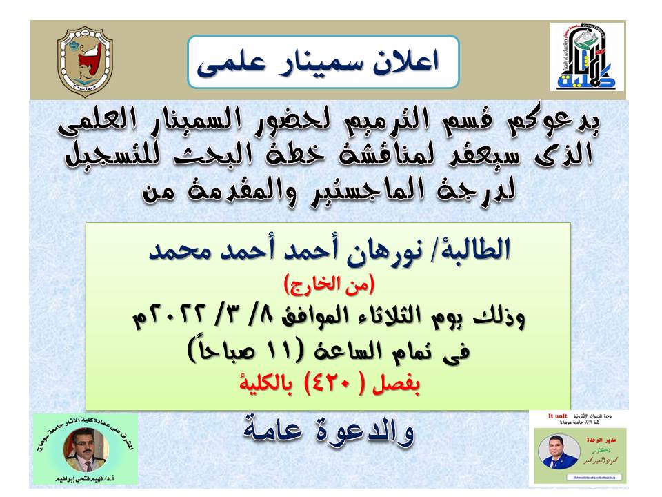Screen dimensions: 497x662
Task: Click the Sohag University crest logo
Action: point(85,61)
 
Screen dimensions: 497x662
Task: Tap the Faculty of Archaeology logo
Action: point(587,57)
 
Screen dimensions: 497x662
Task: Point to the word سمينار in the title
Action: point(317,63)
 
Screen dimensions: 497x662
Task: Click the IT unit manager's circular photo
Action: point(559,453)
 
